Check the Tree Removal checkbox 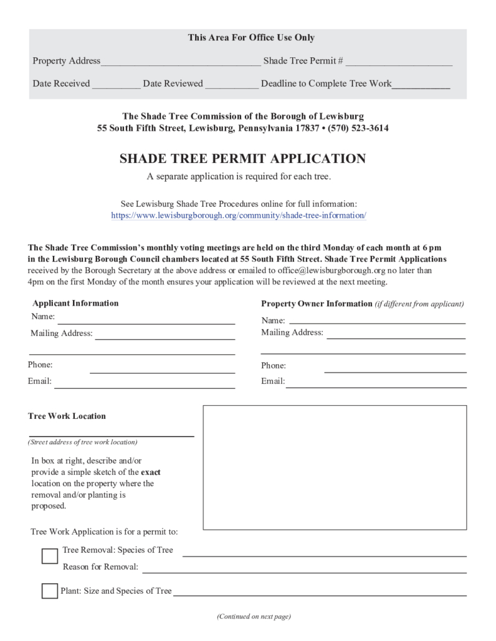pyautogui.click(x=50, y=556)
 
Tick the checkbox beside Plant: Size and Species pyautogui.click(x=50, y=591)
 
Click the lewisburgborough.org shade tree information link pyautogui.click(x=239, y=215)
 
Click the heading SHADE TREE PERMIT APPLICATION pyautogui.click(x=242, y=159)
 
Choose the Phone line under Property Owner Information pyautogui.click(x=395, y=369)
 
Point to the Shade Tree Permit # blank pyautogui.click(x=399, y=63)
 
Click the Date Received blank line pyautogui.click(x=117, y=87)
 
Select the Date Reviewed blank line pyautogui.click(x=232, y=87)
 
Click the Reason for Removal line pyautogui.click(x=305, y=569)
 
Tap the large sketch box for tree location pyautogui.click(x=335, y=467)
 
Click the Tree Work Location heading pyautogui.click(x=67, y=416)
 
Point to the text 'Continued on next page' pyautogui.click(x=254, y=617)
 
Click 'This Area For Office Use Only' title pyautogui.click(x=251, y=38)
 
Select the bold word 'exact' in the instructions pyautogui.click(x=151, y=472)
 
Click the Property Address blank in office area pyautogui.click(x=181, y=63)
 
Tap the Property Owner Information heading pyautogui.click(x=316, y=304)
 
